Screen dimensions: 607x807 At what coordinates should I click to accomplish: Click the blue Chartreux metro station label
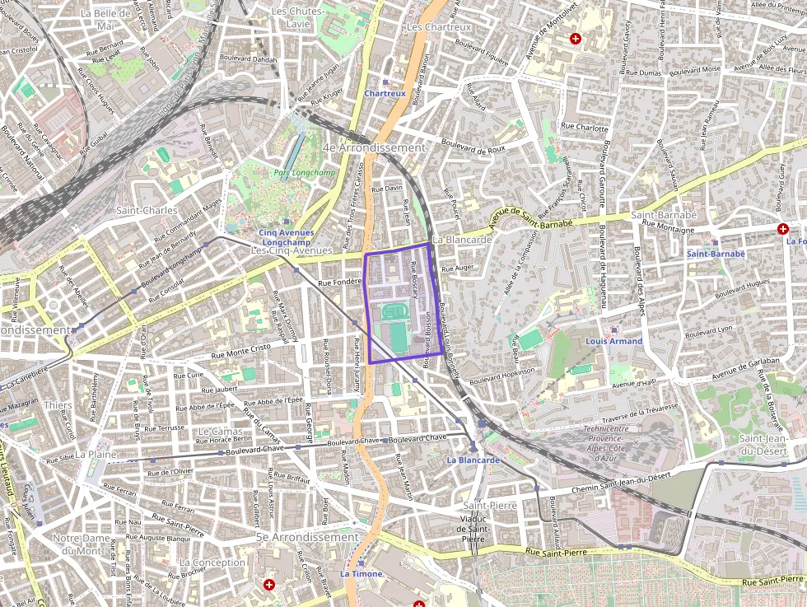point(385,94)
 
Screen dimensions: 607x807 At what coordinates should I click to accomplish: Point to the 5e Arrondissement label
point(307,537)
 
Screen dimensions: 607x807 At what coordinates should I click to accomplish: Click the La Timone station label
point(362,573)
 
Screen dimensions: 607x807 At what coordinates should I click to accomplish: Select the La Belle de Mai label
point(105,19)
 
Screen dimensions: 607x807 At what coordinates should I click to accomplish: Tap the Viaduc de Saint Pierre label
point(473,528)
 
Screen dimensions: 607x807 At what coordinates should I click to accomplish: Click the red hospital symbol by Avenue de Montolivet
point(576,39)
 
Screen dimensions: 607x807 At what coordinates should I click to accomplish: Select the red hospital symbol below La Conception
point(268,584)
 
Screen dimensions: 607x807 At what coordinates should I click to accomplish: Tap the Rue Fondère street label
point(340,282)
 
